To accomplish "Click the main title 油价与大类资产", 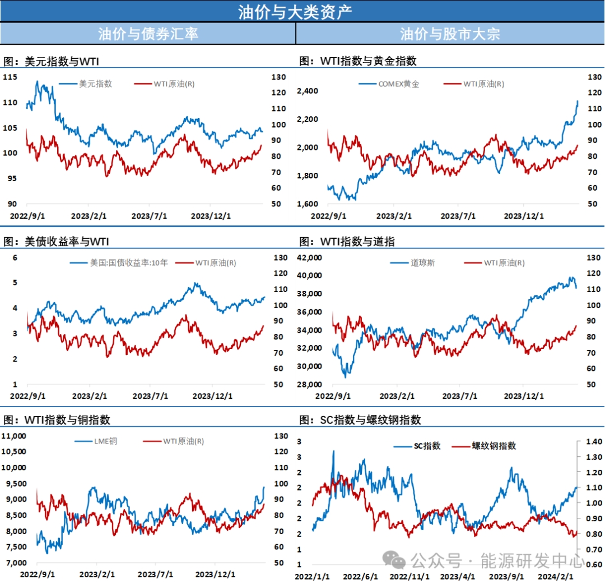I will [x=302, y=11].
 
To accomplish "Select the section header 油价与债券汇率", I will [x=148, y=34].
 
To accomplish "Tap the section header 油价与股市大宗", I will [x=450, y=34].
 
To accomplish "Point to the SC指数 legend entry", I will [x=427, y=446].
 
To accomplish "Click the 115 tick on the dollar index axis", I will [x=11, y=77].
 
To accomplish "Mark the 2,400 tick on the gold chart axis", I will [x=308, y=91].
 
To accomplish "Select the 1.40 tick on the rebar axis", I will [x=592, y=441].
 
